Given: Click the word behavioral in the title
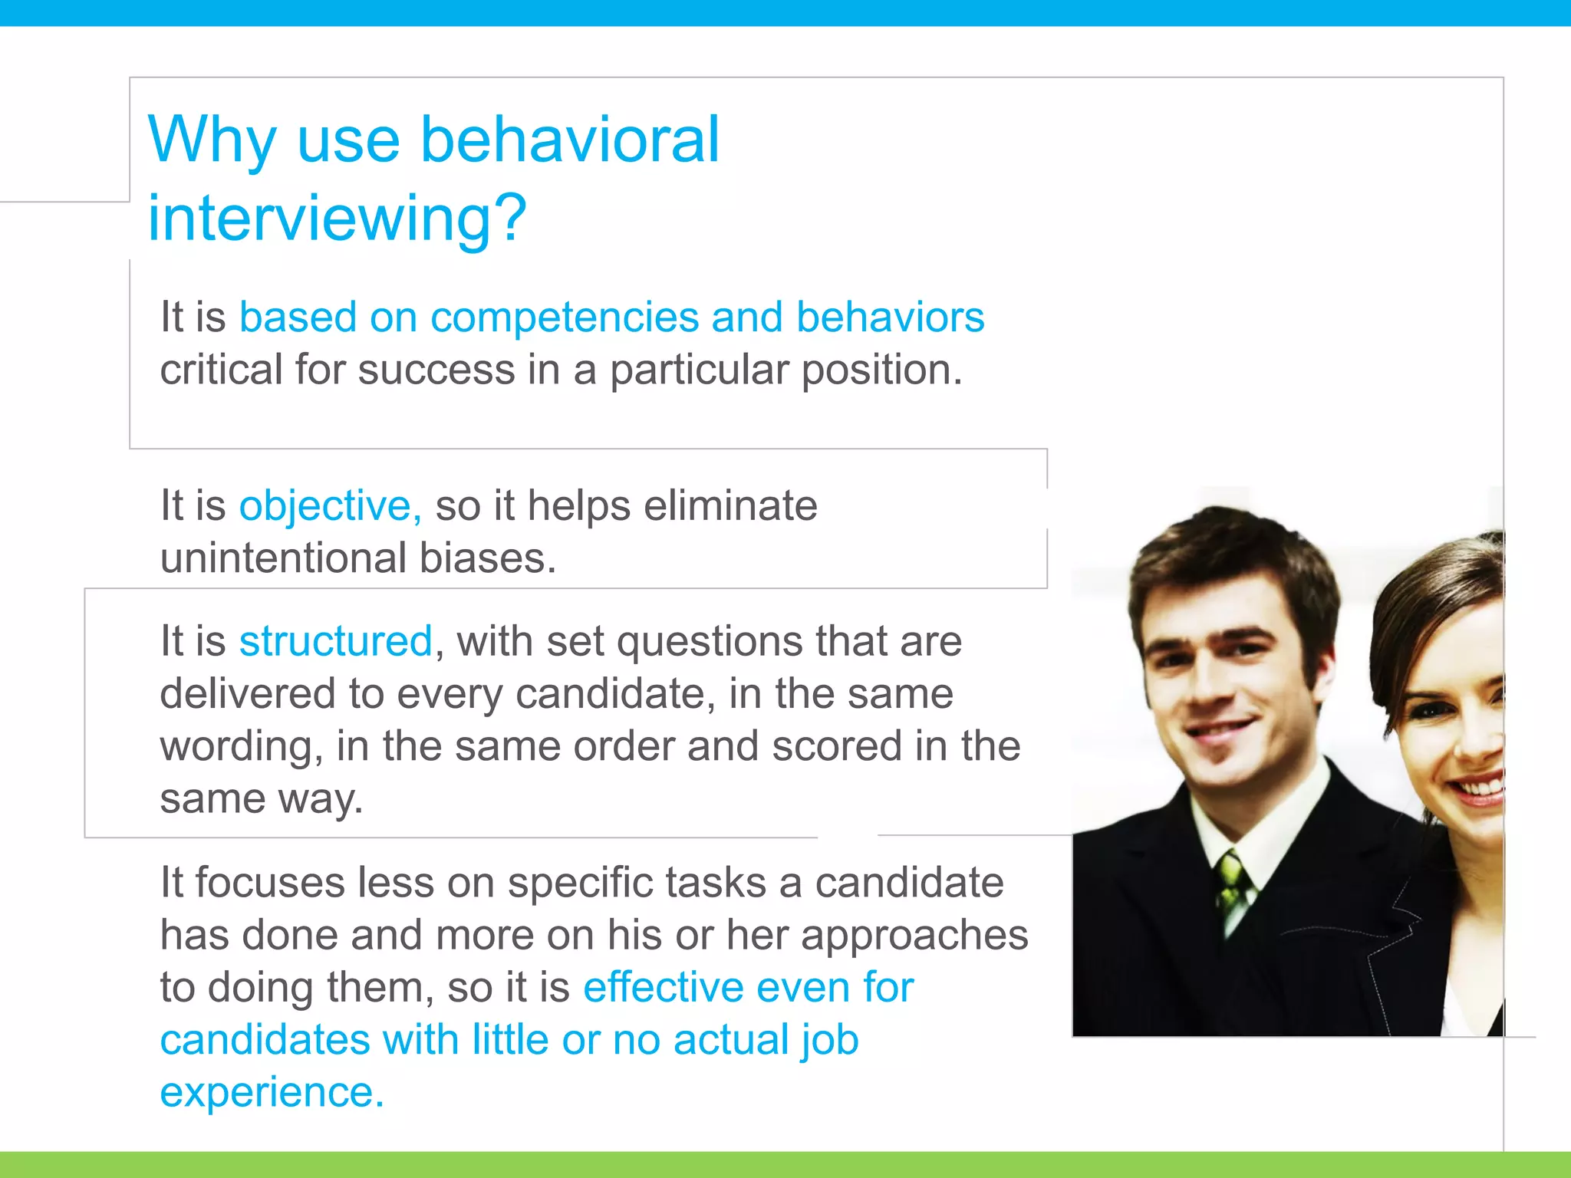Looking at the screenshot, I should [570, 140].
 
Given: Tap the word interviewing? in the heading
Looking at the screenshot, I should [337, 219].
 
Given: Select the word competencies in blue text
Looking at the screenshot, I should [564, 318].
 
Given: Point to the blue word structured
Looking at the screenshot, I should [335, 641].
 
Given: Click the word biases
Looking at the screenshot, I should [486, 558].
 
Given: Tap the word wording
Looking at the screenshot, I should [240, 747].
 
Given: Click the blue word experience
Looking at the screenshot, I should [270, 1092].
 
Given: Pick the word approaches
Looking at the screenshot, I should [914, 936].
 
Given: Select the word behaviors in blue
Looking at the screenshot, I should [890, 318].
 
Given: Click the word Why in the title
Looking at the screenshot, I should [212, 140].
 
